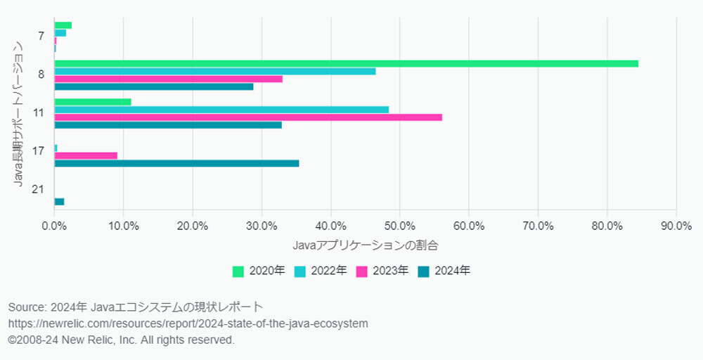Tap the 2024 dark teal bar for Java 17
point(176,163)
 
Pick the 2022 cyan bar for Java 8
point(215,71)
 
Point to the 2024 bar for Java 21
point(59,202)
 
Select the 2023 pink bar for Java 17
point(86,155)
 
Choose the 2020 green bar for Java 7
point(63,25)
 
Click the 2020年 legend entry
point(258,271)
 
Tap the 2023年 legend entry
point(382,271)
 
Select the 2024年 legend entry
point(444,271)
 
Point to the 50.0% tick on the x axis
point(399,226)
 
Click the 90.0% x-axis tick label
point(676,226)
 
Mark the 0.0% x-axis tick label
point(54,226)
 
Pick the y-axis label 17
point(39,151)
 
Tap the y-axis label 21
point(39,190)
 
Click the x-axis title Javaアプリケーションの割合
point(365,245)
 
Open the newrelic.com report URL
point(188,323)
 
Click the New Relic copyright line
point(121,340)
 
